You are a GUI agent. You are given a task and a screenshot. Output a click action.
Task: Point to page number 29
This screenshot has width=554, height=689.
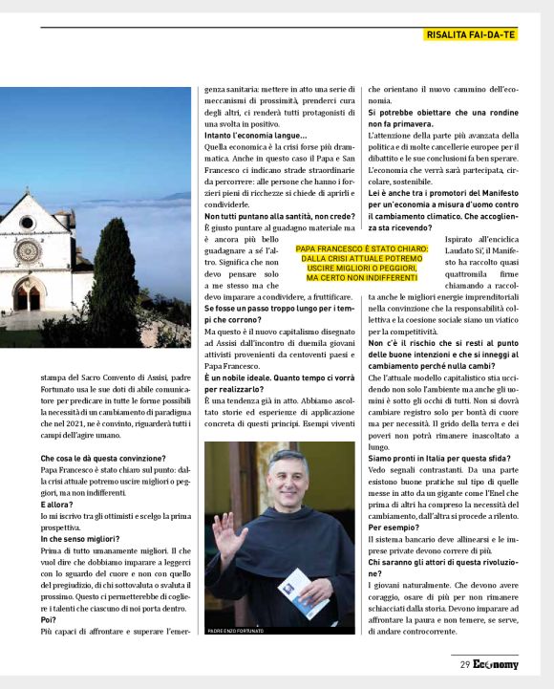pyautogui.click(x=464, y=664)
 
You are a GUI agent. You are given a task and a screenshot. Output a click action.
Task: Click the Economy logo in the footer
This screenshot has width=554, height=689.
pyautogui.click(x=495, y=664)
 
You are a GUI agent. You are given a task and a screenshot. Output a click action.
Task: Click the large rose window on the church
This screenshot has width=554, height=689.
pyautogui.click(x=29, y=251)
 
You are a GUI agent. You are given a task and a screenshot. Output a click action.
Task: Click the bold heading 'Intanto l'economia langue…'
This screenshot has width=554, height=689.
pyautogui.click(x=255, y=136)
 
